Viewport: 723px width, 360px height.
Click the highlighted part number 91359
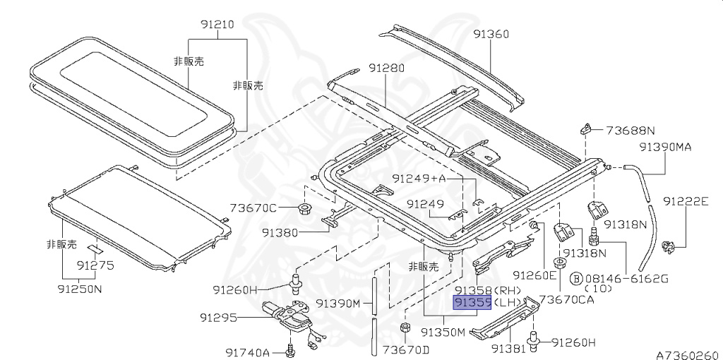click(472, 303)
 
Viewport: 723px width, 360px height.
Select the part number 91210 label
click(217, 25)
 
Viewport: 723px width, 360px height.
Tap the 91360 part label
click(491, 34)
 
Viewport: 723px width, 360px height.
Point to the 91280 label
click(386, 68)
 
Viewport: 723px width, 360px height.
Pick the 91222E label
click(686, 201)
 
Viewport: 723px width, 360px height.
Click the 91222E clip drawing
click(669, 247)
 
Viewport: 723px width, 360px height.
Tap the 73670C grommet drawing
click(304, 208)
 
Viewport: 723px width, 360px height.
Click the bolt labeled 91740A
click(290, 350)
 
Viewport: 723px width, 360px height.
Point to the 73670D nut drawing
click(405, 328)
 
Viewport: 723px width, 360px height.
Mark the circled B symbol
click(576, 278)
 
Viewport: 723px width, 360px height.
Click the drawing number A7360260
click(687, 355)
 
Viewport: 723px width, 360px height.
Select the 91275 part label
click(95, 266)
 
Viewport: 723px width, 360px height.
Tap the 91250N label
click(80, 289)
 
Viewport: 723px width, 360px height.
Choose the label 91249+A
click(419, 179)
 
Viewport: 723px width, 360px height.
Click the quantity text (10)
click(599, 289)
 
